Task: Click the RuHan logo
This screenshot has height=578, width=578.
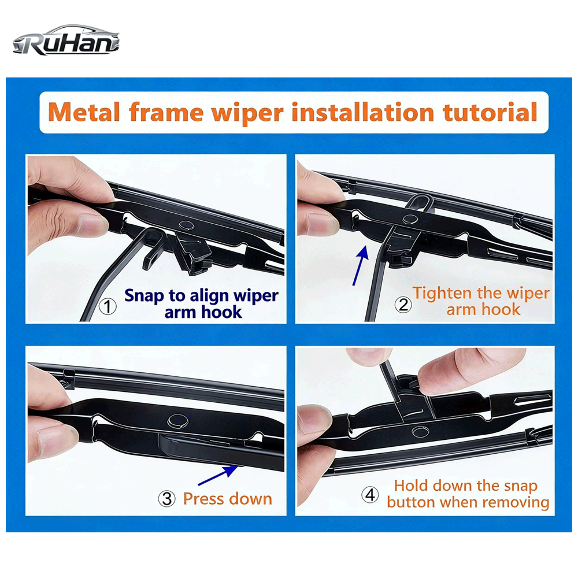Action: coord(66,40)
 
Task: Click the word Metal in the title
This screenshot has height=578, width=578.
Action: coord(84,112)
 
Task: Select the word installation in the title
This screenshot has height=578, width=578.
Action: coord(363,112)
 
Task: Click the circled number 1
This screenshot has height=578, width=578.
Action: coord(108,306)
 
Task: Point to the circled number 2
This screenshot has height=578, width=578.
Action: coord(403,305)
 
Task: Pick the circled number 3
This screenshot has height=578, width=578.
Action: coord(166,499)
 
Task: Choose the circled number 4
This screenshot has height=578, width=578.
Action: coord(370,495)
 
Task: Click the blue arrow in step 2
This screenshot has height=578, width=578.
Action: coord(361,265)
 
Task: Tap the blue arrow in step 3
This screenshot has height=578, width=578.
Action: coord(218,476)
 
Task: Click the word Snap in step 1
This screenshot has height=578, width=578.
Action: coord(143,297)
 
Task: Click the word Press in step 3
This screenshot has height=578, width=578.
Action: coord(204,499)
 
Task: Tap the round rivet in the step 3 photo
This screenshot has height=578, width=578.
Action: coord(177,421)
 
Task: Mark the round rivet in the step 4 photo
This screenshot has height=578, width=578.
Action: coord(420,431)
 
